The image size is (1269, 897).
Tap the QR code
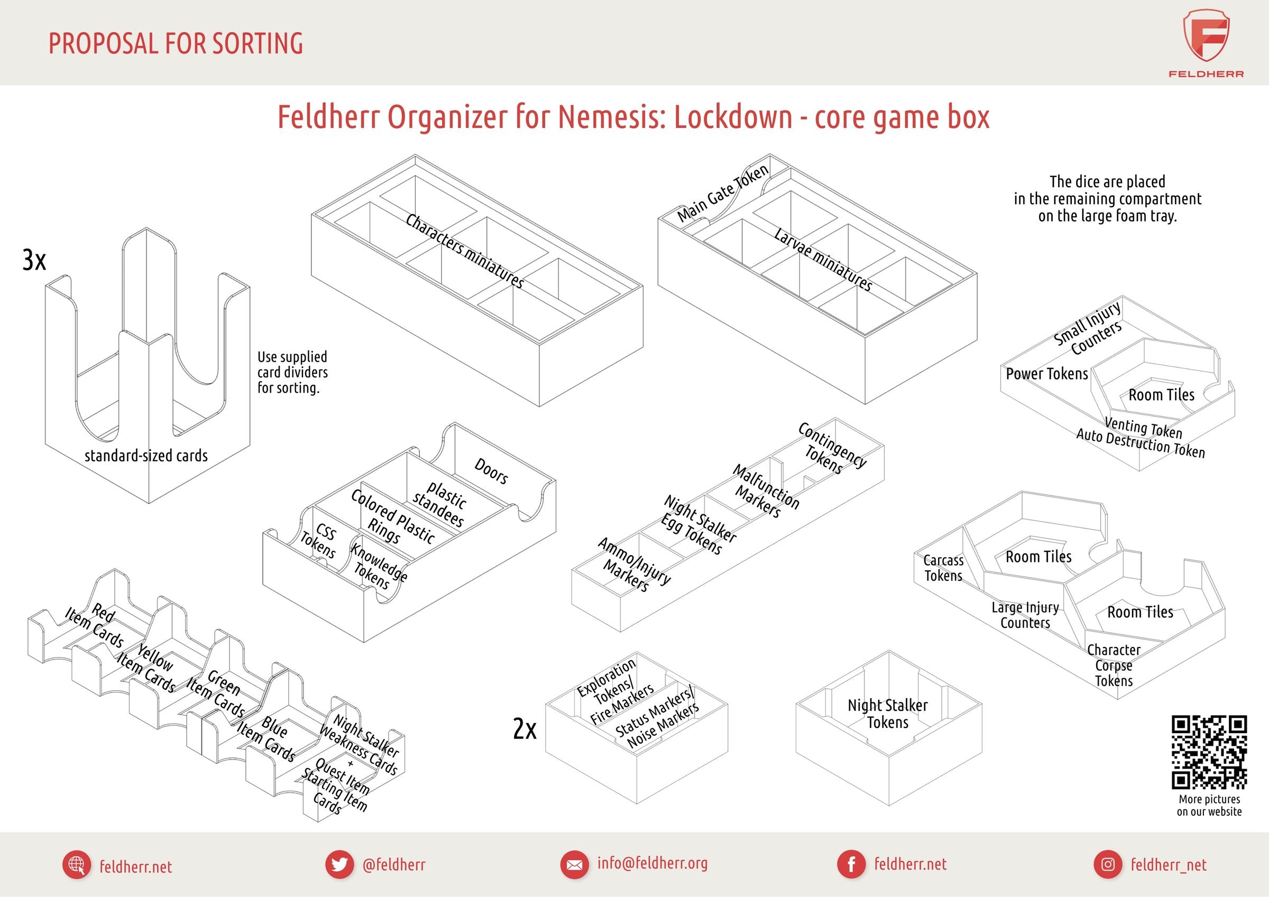[x=1209, y=752]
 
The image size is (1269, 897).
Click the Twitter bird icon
[x=339, y=864]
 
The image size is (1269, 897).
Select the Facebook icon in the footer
[x=851, y=864]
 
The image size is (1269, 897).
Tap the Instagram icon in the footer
[x=1108, y=864]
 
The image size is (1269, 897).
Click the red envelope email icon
[x=574, y=864]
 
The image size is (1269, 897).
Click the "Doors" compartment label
[x=491, y=471]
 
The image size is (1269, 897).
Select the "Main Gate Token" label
[x=722, y=193]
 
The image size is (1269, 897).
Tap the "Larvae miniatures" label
[x=823, y=260]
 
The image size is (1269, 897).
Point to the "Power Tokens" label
[x=1046, y=374]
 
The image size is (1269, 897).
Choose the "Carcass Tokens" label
[x=943, y=568]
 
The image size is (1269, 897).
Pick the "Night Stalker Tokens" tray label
[x=888, y=714]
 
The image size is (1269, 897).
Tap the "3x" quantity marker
[x=34, y=259]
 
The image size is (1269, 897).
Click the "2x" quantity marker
[x=525, y=729]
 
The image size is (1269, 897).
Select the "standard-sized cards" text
[x=146, y=456]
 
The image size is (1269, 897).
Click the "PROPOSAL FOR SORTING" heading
[x=176, y=43]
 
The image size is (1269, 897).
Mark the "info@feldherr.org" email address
[x=652, y=863]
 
